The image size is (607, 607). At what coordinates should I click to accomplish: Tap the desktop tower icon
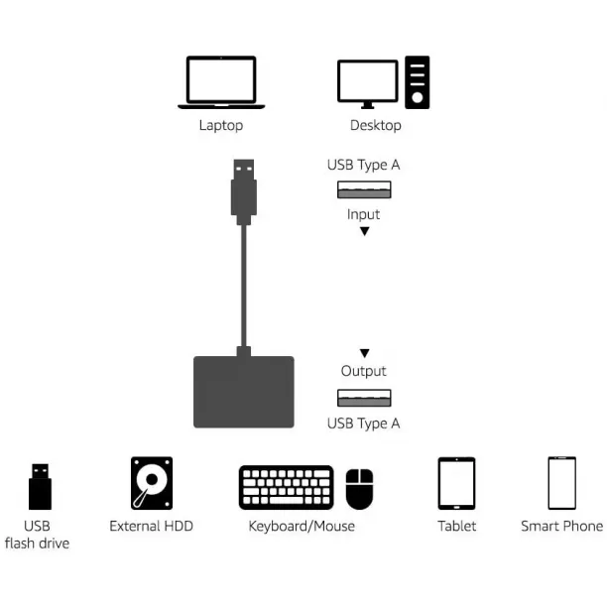[417, 82]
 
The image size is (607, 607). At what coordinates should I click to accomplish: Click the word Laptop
[221, 125]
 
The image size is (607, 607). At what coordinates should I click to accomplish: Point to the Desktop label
[376, 125]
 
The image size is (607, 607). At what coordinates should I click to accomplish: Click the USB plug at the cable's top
[244, 192]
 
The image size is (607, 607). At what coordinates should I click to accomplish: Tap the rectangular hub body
[244, 392]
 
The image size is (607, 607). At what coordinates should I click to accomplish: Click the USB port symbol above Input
[364, 189]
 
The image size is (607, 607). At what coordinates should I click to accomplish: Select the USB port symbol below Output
[364, 398]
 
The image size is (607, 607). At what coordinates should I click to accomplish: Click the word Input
[363, 214]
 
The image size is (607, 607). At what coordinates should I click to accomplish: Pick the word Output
[363, 371]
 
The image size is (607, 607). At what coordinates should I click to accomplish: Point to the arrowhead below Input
[364, 231]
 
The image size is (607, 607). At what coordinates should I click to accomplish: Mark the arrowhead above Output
[364, 353]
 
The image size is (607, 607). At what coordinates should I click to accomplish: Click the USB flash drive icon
[40, 487]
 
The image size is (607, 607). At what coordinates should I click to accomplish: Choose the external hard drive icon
[152, 483]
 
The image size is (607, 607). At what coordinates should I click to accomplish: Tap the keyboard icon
[287, 487]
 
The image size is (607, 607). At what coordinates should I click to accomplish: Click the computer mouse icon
[359, 489]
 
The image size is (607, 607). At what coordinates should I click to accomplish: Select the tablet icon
[456, 483]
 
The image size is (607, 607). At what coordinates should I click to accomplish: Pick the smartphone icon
[561, 483]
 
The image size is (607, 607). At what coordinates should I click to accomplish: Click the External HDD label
[152, 526]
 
